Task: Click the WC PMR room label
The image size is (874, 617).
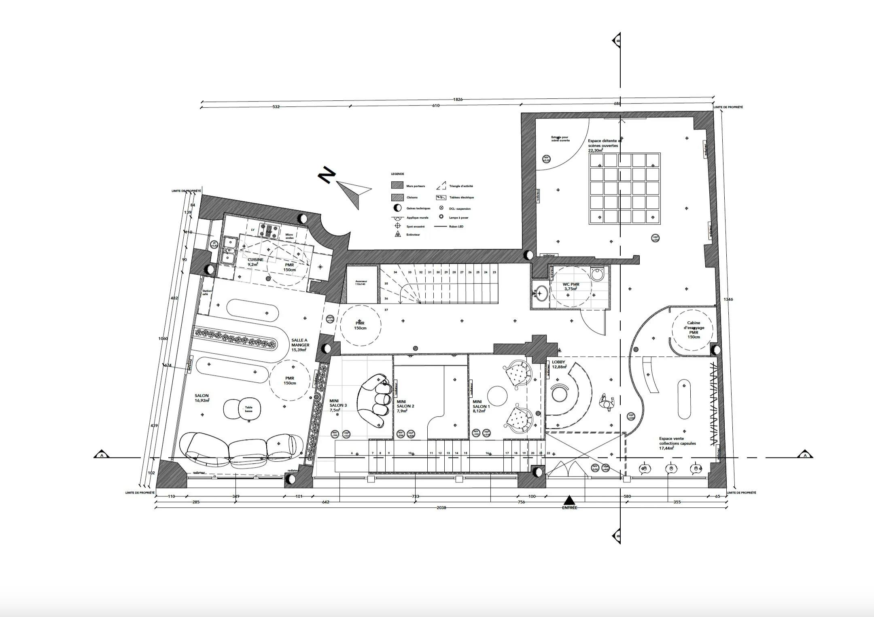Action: coord(571,286)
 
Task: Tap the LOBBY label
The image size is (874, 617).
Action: coord(558,365)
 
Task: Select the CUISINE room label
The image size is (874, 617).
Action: coord(255,262)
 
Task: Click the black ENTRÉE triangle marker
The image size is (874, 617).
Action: coord(569,500)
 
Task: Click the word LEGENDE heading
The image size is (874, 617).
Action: coord(397,174)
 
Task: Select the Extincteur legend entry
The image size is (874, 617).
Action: coord(413,235)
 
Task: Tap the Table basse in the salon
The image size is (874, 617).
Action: coord(248,409)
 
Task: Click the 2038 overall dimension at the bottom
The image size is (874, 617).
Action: coord(441,507)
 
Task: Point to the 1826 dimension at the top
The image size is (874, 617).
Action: coord(458,99)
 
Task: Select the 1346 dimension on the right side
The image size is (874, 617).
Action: coord(728,299)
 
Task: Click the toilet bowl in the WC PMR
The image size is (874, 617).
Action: coord(597,275)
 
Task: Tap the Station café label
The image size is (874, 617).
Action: coord(207,293)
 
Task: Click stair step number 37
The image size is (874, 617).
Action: coord(386,310)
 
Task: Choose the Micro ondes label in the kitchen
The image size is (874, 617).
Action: coord(289,236)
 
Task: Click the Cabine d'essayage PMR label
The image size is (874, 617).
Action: coord(694,330)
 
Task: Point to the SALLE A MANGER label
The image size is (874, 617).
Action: coord(300,345)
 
